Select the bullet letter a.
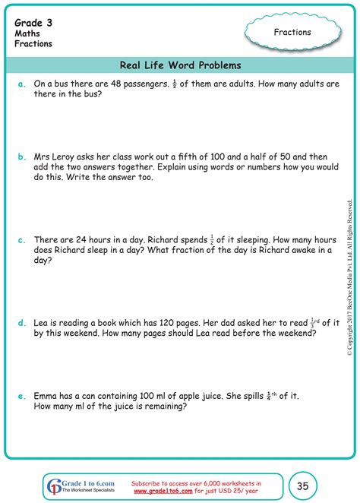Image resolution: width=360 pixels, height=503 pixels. (22, 84)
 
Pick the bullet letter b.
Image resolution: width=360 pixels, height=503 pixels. (22, 157)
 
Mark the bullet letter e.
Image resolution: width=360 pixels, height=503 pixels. (22, 395)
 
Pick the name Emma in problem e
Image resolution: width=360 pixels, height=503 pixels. (47, 395)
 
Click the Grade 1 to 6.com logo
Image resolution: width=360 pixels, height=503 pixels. (78, 485)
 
